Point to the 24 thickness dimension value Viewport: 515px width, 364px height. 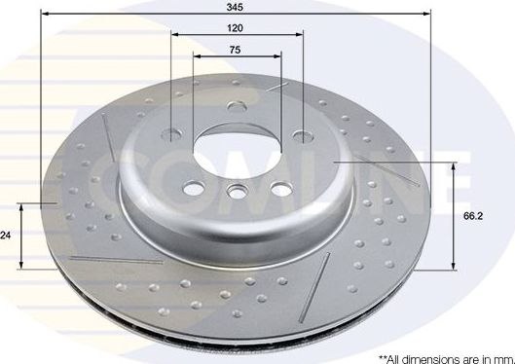7,236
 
